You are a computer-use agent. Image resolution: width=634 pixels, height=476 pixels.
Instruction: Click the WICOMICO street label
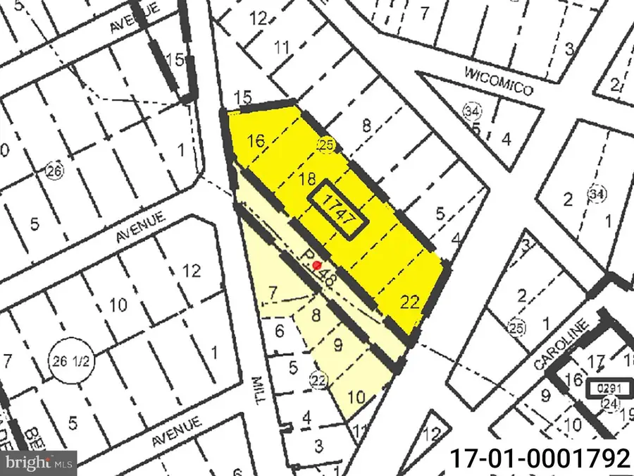[498, 82]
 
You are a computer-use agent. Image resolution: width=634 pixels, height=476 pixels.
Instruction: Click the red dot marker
[317, 265]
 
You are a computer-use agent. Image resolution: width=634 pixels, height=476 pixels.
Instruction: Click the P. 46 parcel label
[318, 268]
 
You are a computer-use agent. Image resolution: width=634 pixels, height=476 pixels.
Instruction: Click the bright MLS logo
[39, 463]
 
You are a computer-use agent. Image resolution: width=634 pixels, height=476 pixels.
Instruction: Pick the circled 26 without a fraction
[52, 170]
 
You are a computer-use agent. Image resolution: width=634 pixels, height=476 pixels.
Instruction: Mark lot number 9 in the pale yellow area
[338, 346]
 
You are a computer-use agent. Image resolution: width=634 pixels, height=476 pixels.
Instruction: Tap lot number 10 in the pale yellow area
[357, 397]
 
